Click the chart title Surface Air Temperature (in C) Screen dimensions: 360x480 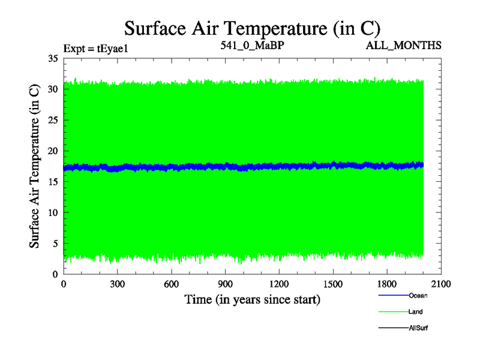point(252,28)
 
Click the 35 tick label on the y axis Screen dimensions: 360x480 point(52,58)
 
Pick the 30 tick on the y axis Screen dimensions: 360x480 point(52,89)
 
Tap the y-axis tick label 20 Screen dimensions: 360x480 point(52,151)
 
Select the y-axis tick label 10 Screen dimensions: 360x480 point(52,212)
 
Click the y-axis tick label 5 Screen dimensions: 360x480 point(55,243)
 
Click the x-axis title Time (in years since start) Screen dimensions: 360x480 point(252,299)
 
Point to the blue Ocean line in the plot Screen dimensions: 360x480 point(240,166)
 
